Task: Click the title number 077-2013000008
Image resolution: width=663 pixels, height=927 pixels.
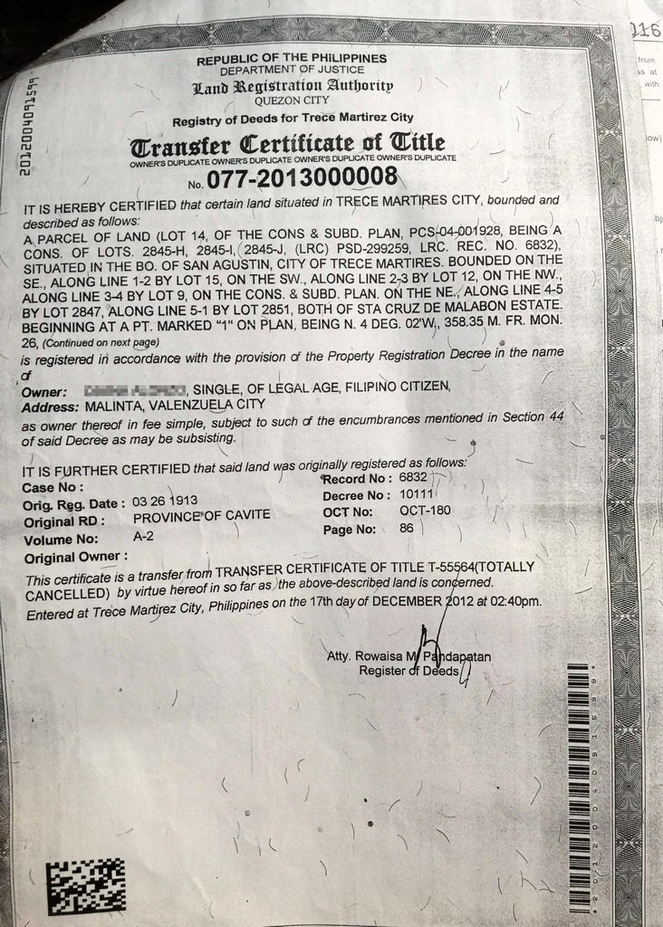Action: [303, 177]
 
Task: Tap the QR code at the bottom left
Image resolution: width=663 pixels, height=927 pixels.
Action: [85, 885]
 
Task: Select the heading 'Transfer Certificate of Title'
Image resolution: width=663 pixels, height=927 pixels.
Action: [288, 144]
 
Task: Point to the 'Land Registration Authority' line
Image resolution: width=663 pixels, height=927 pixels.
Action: [292, 87]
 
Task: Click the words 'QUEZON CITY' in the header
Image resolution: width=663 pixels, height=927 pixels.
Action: [292, 101]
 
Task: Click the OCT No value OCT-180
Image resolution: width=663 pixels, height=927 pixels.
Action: [425, 511]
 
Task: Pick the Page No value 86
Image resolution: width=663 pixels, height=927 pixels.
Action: [407, 528]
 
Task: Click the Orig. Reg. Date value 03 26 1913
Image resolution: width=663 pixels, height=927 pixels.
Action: [165, 501]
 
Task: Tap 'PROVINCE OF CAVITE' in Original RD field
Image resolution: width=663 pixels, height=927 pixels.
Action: [201, 516]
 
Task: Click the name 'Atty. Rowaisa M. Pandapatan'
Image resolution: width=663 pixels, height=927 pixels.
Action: [408, 655]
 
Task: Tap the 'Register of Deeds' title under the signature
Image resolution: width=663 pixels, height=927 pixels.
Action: [408, 671]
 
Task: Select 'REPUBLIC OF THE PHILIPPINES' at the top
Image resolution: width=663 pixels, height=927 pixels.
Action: [292, 58]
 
